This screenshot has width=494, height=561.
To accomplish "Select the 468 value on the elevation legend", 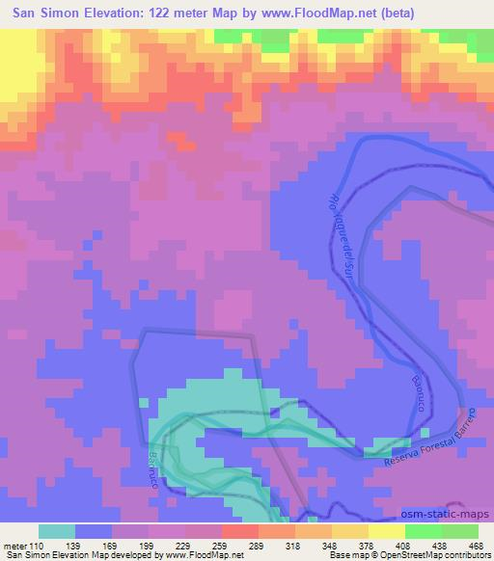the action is pyautogui.click(x=476, y=546).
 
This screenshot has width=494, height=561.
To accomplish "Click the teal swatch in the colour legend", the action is pyautogui.click(x=57, y=531).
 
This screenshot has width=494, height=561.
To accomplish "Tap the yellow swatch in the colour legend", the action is pyautogui.click(x=386, y=531).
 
